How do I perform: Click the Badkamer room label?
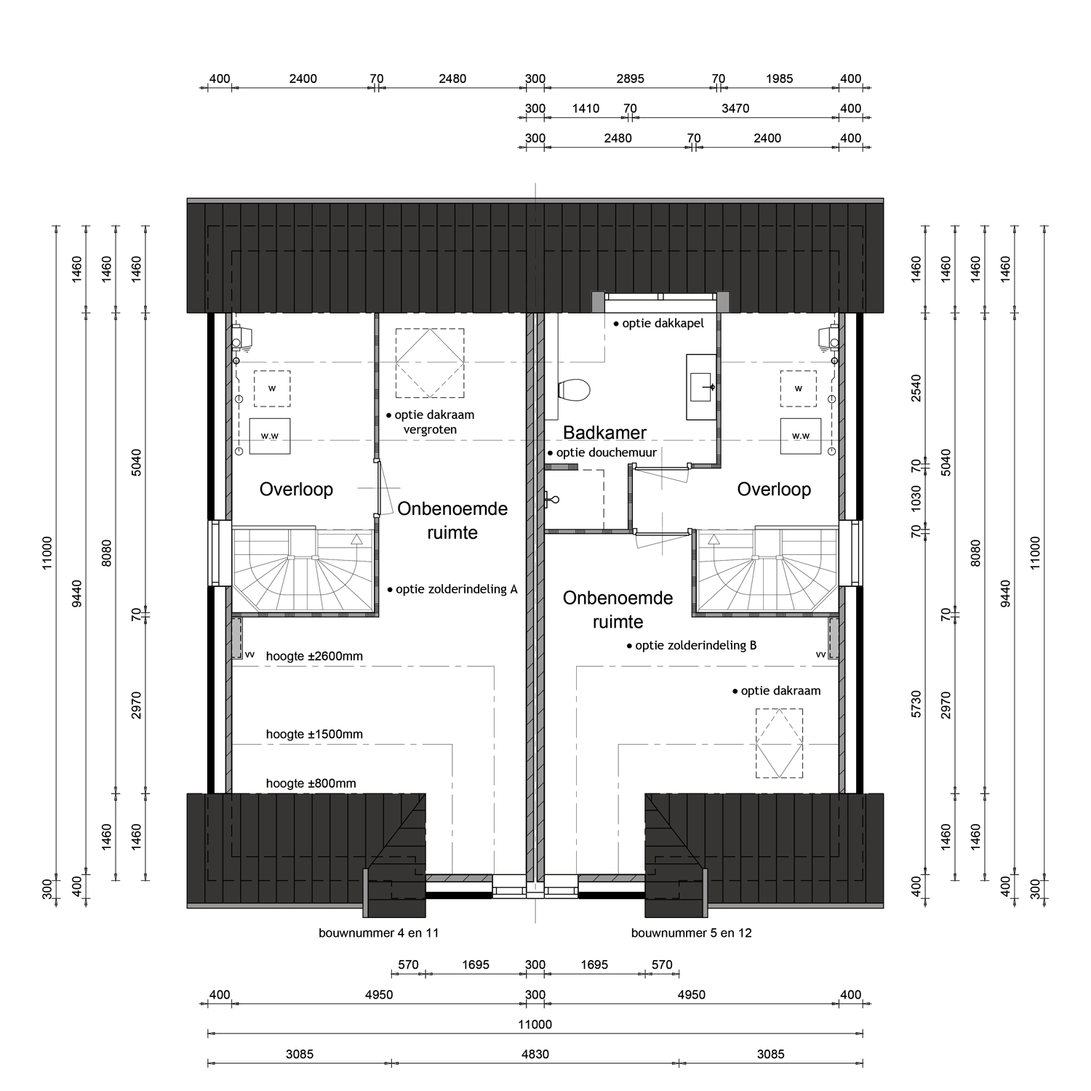pos(604,433)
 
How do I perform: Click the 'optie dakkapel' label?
pos(658,323)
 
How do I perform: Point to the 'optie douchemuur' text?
pos(602,452)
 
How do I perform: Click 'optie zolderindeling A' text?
pos(452,589)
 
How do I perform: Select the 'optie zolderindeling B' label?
pos(692,645)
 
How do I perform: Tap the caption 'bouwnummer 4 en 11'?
pos(379,932)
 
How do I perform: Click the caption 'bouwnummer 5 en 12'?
pos(692,932)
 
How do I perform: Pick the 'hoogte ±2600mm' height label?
pos(314,656)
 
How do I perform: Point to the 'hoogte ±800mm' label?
pos(311,783)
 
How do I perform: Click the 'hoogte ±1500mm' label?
pos(314,734)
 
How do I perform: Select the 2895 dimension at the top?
pos(630,79)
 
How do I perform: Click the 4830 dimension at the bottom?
pos(535,1054)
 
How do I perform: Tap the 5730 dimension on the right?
pos(916,704)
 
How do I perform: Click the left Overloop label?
pos(296,489)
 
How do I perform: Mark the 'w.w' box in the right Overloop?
pos(801,436)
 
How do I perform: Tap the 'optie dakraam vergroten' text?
pos(430,422)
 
